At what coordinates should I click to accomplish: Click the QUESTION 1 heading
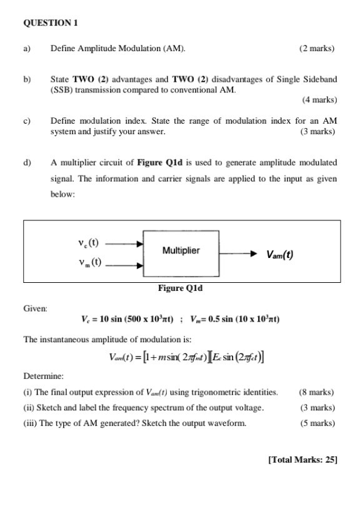(50, 23)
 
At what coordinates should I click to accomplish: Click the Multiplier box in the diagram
(181, 251)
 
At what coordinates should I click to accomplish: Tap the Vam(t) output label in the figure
(279, 255)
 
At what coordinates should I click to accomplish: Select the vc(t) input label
(89, 241)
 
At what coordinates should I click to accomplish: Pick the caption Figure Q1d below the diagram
(181, 288)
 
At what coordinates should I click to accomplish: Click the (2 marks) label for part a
(317, 48)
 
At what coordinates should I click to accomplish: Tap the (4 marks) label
(319, 100)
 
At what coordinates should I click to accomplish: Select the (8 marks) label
(316, 392)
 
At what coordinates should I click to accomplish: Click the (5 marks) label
(317, 423)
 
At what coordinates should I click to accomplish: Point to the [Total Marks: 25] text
(302, 460)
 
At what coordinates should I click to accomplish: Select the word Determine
(43, 376)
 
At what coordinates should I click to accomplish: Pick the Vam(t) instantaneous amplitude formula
(186, 358)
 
